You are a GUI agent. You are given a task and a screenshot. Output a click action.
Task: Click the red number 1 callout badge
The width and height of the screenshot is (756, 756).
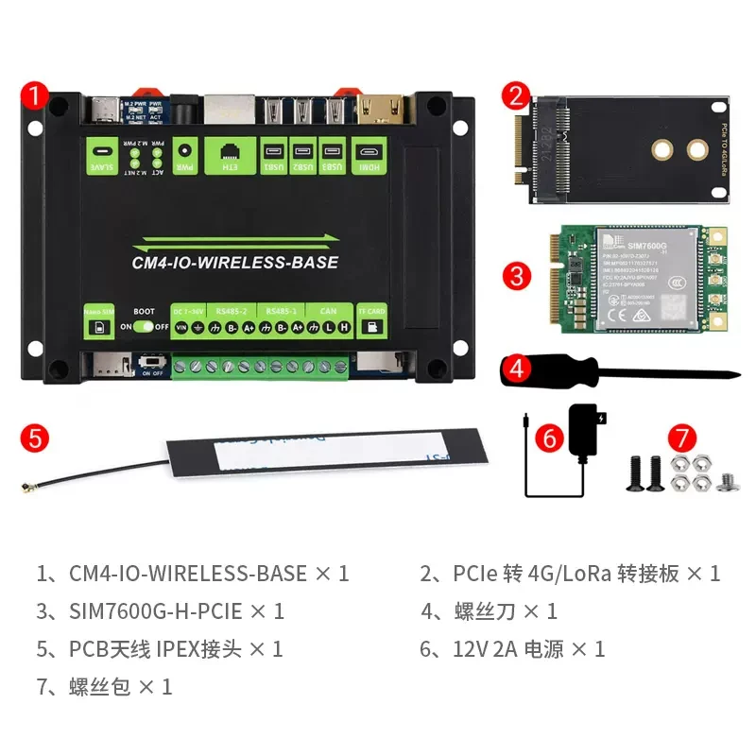tap(34, 95)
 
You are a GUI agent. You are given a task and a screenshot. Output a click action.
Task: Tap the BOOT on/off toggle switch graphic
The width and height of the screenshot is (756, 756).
tap(145, 326)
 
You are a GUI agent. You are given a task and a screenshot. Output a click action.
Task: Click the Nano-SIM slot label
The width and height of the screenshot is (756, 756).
tap(99, 320)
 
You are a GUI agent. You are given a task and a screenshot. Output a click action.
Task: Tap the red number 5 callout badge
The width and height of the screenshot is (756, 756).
tap(34, 438)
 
